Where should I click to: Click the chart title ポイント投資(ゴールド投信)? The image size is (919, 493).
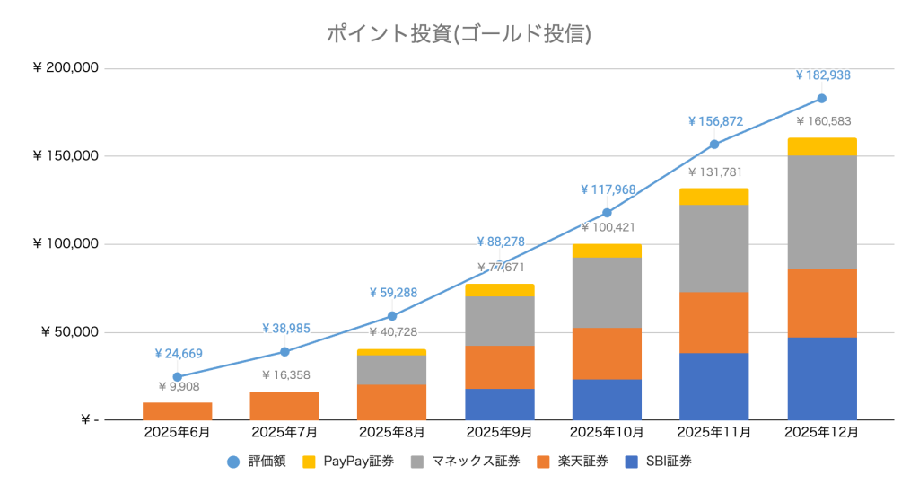(459, 34)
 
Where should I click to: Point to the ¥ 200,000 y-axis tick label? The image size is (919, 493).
(65, 68)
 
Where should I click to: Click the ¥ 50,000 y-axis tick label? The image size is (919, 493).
(70, 332)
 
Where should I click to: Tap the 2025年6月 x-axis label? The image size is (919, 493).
(177, 433)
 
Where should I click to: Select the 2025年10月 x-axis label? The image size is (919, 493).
(608, 433)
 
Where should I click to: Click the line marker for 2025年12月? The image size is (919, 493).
(821, 99)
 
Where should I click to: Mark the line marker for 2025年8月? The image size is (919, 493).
(392, 316)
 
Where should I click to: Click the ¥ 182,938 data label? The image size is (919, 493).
(822, 75)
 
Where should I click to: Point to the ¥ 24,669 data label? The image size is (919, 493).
(178, 354)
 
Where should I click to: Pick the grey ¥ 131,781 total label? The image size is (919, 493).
(714, 172)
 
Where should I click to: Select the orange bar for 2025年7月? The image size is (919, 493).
(284, 406)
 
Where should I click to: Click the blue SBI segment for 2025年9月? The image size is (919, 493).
(500, 404)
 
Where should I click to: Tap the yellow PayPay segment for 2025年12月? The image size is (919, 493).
(822, 147)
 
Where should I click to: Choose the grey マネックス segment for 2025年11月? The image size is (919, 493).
(714, 249)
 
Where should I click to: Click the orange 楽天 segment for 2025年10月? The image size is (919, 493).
(608, 354)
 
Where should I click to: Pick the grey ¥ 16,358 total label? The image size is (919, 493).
(284, 375)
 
